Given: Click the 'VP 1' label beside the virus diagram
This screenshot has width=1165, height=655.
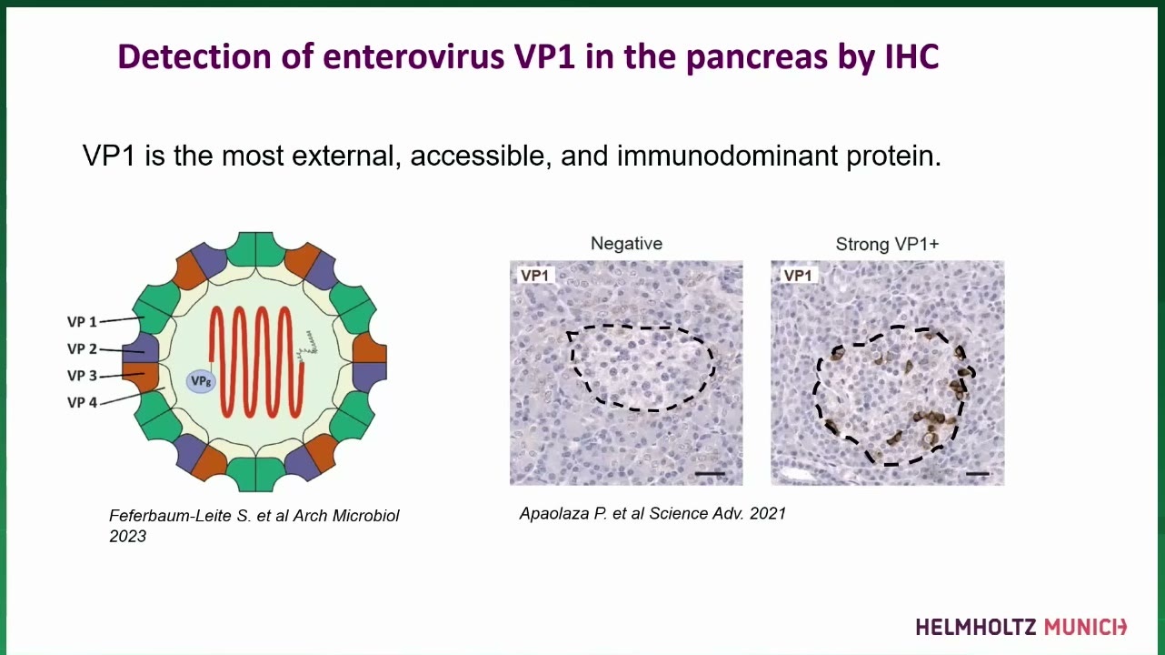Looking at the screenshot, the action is pyautogui.click(x=82, y=322).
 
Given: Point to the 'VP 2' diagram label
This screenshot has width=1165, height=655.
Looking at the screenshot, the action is pyautogui.click(x=82, y=348).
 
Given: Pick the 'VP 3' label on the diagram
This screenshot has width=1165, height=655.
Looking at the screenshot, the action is pyautogui.click(x=82, y=376).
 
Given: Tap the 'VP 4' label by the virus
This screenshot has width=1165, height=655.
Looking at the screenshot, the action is pyautogui.click(x=82, y=402).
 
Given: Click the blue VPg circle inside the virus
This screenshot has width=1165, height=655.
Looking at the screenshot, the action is pyautogui.click(x=201, y=382).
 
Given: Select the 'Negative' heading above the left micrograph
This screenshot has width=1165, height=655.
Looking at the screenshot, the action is pyautogui.click(x=626, y=243).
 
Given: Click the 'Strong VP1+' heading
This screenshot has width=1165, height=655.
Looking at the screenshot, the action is pyautogui.click(x=887, y=244).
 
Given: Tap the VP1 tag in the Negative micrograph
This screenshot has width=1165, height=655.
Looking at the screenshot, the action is pyautogui.click(x=534, y=276).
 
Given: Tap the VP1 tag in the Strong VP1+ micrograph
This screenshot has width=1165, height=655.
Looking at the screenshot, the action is pyautogui.click(x=797, y=276).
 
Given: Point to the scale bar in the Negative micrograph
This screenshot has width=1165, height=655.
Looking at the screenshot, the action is pyautogui.click(x=710, y=474).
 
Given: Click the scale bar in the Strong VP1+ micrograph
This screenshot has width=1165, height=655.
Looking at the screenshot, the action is pyautogui.click(x=977, y=474).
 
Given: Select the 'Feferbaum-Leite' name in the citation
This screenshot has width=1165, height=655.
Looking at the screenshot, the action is pyautogui.click(x=171, y=516).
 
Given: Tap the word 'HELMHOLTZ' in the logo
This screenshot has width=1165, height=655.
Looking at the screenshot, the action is pyautogui.click(x=976, y=627).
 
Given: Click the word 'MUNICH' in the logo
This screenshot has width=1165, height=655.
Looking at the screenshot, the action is pyautogui.click(x=1085, y=627).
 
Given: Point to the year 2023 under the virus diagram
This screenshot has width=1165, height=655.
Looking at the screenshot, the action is pyautogui.click(x=128, y=537).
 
